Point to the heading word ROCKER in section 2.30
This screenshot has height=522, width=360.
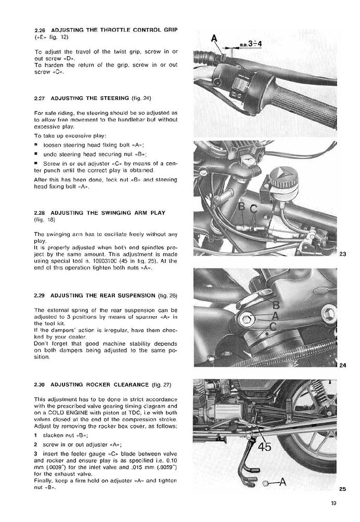pos(92,385)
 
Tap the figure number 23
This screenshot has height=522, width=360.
pos(342,254)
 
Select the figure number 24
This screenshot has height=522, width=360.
pos(342,365)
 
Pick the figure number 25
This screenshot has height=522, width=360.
pos(342,488)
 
